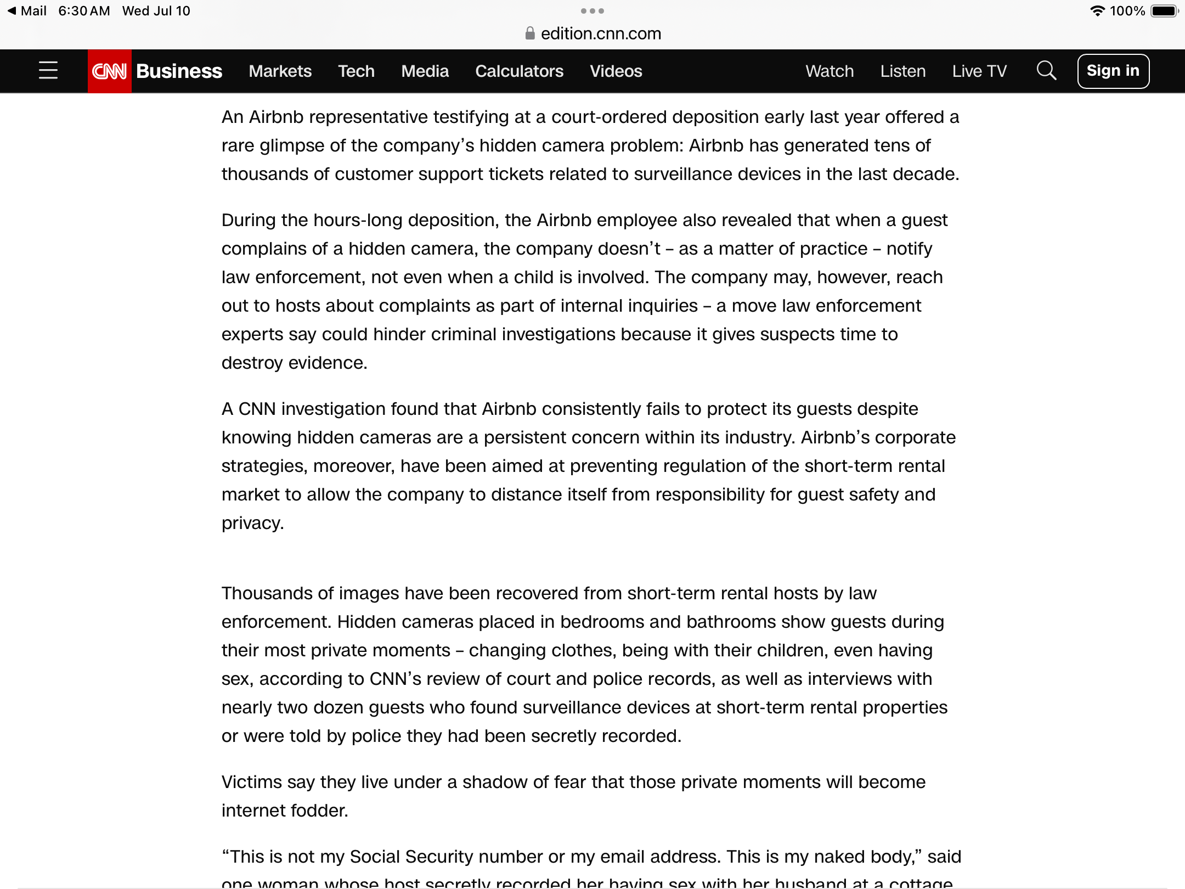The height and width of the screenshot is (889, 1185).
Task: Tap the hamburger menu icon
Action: pyautogui.click(x=48, y=71)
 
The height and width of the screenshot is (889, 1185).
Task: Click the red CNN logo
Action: pyautogui.click(x=109, y=71)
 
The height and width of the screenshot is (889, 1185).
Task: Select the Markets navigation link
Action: pyautogui.click(x=280, y=71)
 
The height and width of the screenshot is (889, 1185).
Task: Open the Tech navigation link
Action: pyautogui.click(x=356, y=71)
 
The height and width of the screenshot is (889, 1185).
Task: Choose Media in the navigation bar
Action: pyautogui.click(x=425, y=71)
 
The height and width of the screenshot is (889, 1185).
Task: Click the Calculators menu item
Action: pyautogui.click(x=519, y=71)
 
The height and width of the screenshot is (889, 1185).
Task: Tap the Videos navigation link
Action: pyautogui.click(x=616, y=71)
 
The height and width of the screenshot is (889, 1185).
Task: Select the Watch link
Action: pyautogui.click(x=830, y=71)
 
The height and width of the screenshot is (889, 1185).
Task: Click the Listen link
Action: pyautogui.click(x=903, y=71)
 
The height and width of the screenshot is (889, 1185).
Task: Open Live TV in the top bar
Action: pyautogui.click(x=979, y=71)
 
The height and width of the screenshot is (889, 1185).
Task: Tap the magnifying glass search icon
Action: pyautogui.click(x=1046, y=71)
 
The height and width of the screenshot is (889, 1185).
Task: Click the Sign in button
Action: pyautogui.click(x=1113, y=71)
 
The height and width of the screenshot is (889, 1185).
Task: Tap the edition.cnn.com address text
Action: pyautogui.click(x=601, y=34)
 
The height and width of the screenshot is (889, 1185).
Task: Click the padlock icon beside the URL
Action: pyautogui.click(x=530, y=33)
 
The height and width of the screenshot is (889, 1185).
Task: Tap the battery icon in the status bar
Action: pyautogui.click(x=1164, y=11)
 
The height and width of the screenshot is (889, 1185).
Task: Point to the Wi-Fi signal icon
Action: pyautogui.click(x=1097, y=11)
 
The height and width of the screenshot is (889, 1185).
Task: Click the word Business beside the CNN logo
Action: pyautogui.click(x=179, y=71)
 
